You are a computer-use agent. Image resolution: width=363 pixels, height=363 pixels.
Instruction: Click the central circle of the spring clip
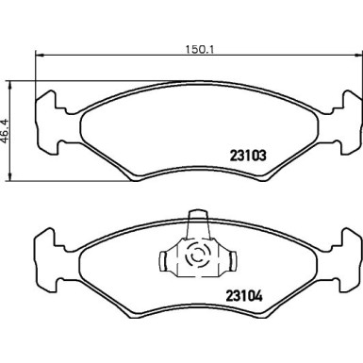coord(199,256)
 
